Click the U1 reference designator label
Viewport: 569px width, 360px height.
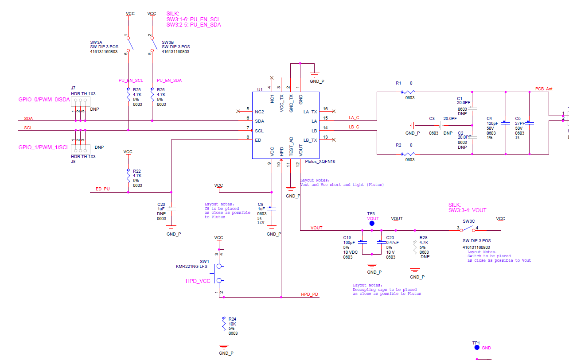pyautogui.click(x=260, y=89)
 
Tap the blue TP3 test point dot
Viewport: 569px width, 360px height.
pyautogui.click(x=372, y=224)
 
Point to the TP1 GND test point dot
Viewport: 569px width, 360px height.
pyautogui.click(x=477, y=348)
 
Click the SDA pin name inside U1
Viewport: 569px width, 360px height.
pyautogui.click(x=259, y=121)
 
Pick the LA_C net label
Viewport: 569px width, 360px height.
pyautogui.click(x=354, y=118)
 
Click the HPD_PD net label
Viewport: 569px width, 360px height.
pyautogui.click(x=309, y=294)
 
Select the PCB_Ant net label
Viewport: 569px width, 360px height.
pyautogui.click(x=544, y=89)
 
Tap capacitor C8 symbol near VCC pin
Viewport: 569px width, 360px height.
pyautogui.click(x=272, y=208)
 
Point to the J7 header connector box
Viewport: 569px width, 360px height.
pyautogui.click(x=79, y=101)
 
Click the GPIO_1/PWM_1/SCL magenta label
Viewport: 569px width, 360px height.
pyautogui.click(x=44, y=147)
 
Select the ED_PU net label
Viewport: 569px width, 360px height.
pyautogui.click(x=103, y=189)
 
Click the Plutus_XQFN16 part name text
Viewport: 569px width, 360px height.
pyautogui.click(x=320, y=162)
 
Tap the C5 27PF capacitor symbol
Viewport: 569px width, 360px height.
pyautogui.click(x=530, y=123)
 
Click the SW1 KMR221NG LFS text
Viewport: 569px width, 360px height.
pyautogui.click(x=191, y=267)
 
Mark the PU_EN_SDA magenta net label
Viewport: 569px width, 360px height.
pyautogui.click(x=169, y=81)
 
